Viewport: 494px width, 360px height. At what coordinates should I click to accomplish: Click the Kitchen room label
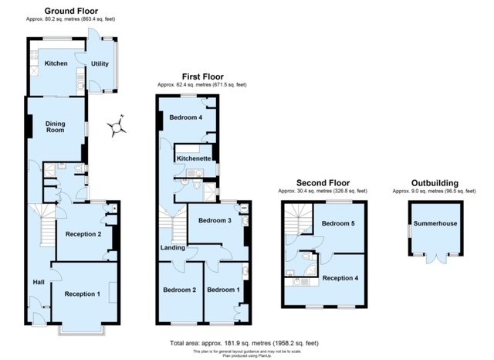(56, 63)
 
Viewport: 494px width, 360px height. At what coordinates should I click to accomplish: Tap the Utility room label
(100, 63)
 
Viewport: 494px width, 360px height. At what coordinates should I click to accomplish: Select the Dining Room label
(55, 127)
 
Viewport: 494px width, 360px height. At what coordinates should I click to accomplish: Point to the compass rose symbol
(117, 125)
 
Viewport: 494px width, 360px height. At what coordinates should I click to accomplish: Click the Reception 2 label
(83, 233)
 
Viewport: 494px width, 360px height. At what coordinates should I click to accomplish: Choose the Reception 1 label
(82, 294)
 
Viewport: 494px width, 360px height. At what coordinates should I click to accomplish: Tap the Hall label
(38, 282)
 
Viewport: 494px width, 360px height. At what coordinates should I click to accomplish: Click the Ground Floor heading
(65, 12)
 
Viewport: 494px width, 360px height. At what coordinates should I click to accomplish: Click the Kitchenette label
(194, 158)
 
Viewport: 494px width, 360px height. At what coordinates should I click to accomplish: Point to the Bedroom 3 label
(214, 221)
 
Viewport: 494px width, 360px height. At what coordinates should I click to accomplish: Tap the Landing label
(173, 247)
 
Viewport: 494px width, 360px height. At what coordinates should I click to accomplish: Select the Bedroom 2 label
(179, 290)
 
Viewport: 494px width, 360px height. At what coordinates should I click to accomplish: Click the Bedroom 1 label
(223, 290)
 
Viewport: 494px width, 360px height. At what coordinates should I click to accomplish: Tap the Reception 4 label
(340, 277)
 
